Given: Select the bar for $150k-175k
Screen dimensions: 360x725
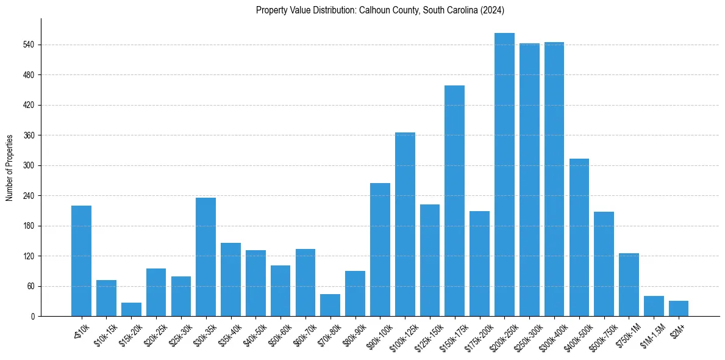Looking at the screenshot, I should click(454, 201).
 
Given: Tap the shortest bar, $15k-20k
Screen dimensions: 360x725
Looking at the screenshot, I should click(131, 309).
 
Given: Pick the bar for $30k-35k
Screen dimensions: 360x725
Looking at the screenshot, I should click(205, 257).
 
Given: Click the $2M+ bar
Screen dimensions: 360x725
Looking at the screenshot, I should click(679, 309).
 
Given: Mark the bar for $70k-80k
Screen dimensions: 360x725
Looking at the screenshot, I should click(330, 305).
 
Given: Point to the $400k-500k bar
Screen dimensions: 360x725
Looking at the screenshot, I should click(579, 237).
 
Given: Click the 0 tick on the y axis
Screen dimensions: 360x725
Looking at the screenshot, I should click(34, 317).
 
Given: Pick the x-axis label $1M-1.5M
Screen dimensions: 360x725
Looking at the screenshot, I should click(650, 334).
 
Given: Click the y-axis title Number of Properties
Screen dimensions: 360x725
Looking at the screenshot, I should click(9, 168).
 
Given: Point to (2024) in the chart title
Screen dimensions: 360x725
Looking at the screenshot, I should click(492, 10).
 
